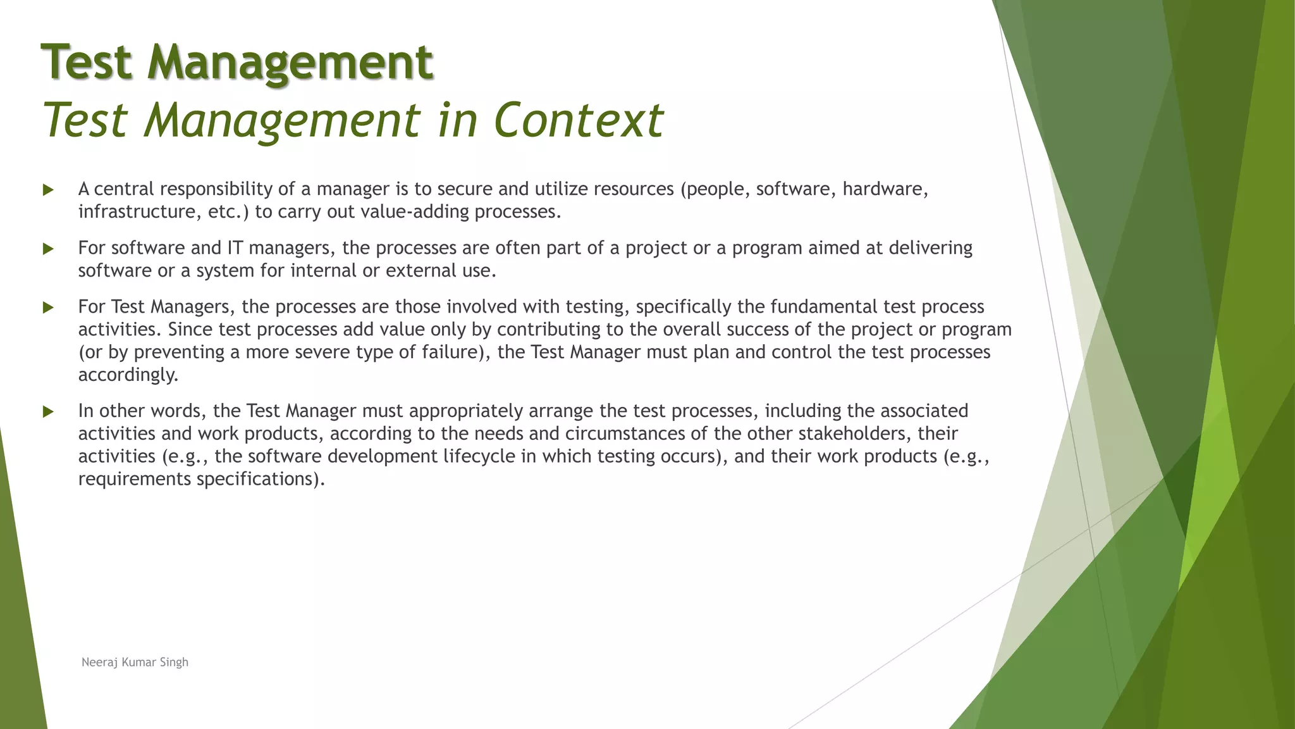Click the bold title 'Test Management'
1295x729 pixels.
click(x=237, y=63)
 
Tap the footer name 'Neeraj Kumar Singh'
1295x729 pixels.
click(x=135, y=663)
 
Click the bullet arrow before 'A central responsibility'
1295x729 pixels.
click(x=48, y=190)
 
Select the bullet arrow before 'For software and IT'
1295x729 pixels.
click(x=48, y=249)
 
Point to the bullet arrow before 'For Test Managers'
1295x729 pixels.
click(x=48, y=308)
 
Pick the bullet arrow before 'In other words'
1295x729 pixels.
click(x=48, y=412)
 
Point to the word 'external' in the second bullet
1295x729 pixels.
click(x=422, y=271)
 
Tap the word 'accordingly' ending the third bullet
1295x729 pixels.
click(x=126, y=375)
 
